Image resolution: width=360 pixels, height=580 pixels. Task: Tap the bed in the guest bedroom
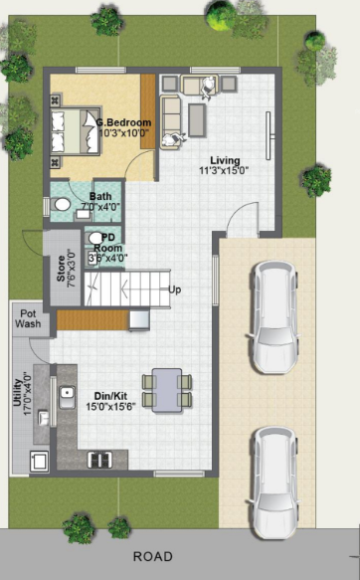76,131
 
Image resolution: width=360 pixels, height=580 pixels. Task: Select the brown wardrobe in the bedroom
147,111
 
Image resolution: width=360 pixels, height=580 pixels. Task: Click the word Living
224,159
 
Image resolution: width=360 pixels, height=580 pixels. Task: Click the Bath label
100,196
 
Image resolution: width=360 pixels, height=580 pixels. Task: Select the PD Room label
106,243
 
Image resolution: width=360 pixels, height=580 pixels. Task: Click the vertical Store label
62,269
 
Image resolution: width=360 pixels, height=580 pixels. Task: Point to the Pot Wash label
29,318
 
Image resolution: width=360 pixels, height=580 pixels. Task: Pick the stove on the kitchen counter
100,459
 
